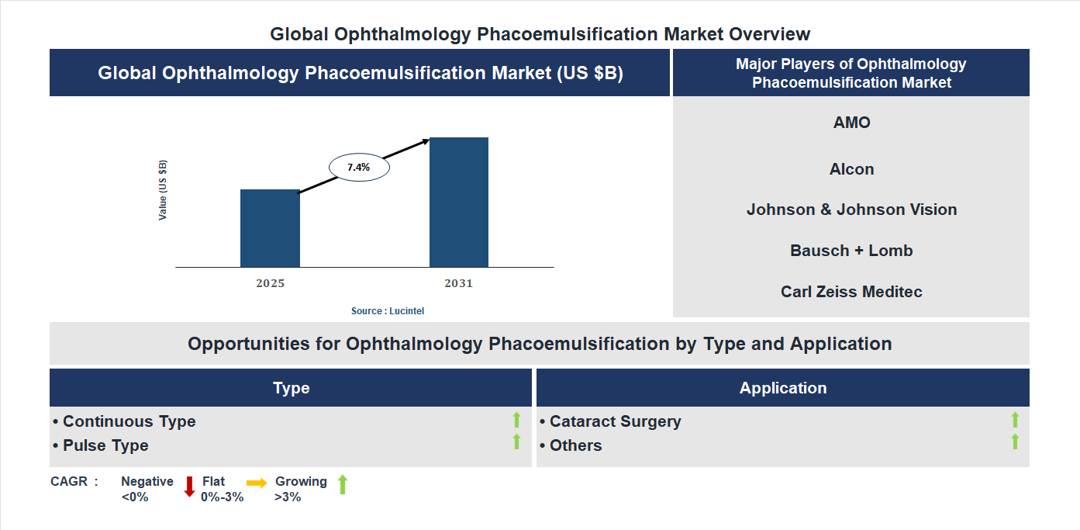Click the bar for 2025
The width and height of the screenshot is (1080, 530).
(x=270, y=228)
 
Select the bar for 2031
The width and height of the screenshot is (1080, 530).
(x=459, y=203)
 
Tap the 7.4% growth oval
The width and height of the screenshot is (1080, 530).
(x=359, y=167)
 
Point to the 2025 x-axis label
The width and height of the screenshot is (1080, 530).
(x=270, y=283)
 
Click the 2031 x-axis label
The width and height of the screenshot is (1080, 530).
(x=458, y=283)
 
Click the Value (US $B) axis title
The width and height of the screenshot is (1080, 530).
(x=163, y=190)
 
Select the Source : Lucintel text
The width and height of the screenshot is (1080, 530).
(x=388, y=310)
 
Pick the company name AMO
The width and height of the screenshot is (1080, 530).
(x=851, y=123)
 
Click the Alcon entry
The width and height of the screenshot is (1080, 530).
(x=851, y=169)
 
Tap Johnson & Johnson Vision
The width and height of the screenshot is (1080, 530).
(x=851, y=210)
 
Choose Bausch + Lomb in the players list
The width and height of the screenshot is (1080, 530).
(x=851, y=251)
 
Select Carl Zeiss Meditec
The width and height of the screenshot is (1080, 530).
(x=851, y=292)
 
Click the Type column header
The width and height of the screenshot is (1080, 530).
(x=291, y=388)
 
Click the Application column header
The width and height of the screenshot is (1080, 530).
(x=782, y=388)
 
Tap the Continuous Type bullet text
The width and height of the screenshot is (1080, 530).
(x=129, y=421)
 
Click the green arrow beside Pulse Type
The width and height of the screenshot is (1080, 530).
(x=516, y=442)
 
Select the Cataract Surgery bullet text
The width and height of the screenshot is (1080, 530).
(x=615, y=421)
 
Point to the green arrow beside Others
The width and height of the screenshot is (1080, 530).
(x=1015, y=442)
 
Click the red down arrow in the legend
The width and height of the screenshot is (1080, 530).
(x=188, y=487)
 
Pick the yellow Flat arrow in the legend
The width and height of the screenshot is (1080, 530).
(x=257, y=483)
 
